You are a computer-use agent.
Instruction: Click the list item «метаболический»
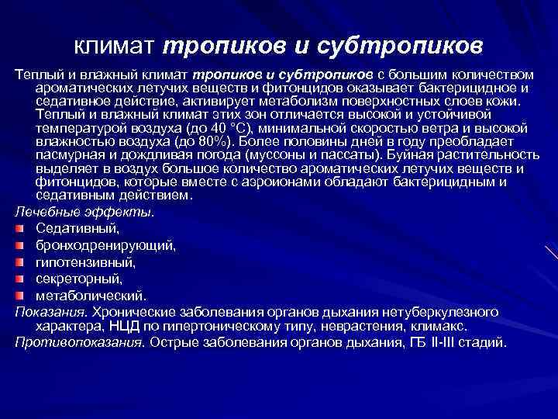pyautogui.click(x=90, y=296)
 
